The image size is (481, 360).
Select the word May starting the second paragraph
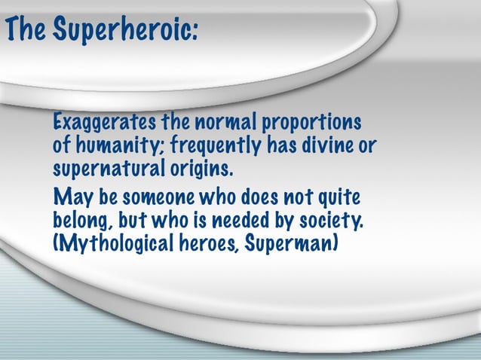click(x=72, y=199)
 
